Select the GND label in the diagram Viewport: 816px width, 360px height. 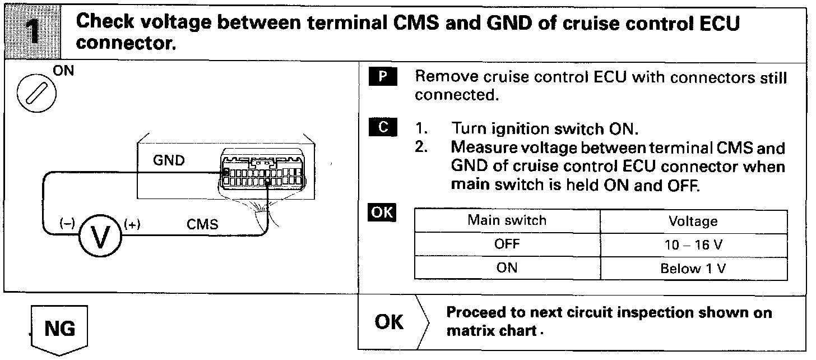click(x=168, y=161)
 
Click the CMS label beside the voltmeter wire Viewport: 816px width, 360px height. click(x=202, y=224)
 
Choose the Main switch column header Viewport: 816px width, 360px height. click(x=507, y=220)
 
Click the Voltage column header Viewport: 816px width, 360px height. click(x=693, y=221)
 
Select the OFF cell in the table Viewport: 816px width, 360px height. click(x=507, y=244)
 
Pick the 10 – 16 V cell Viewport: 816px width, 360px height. click(x=693, y=245)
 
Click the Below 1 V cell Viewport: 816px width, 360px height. click(x=693, y=269)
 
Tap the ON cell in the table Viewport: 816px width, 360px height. click(x=507, y=268)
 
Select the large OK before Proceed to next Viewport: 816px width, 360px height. click(x=389, y=322)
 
